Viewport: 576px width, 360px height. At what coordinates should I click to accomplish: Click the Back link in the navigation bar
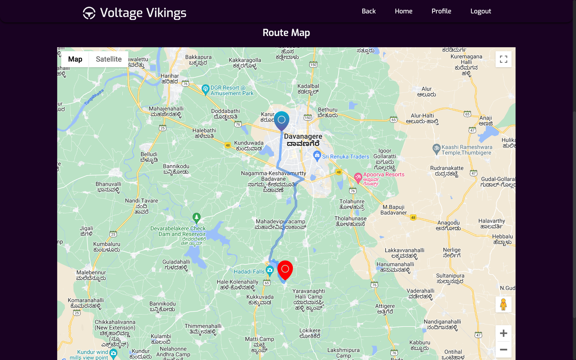pos(368,11)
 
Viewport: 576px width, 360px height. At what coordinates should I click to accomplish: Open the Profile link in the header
pos(441,11)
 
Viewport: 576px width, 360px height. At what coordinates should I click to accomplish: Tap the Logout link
pos(481,11)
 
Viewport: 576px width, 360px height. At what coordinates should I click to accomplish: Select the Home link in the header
pos(403,11)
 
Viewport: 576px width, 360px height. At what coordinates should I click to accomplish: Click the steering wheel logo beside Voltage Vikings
pos(89,13)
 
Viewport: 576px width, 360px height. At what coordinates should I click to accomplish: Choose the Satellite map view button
pos(109,59)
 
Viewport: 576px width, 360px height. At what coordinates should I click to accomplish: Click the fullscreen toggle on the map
pos(503,59)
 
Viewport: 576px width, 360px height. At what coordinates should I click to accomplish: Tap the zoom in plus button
pos(503,333)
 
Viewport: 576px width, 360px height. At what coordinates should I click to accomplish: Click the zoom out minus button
pos(503,350)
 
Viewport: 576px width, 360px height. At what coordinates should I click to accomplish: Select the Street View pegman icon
pos(503,304)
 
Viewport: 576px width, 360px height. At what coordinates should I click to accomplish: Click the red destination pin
pos(285,269)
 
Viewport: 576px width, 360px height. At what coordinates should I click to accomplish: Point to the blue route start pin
pos(282,120)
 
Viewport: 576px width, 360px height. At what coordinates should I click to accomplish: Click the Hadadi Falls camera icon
pos(270,270)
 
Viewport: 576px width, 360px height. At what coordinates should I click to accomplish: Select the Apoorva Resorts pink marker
pos(358,177)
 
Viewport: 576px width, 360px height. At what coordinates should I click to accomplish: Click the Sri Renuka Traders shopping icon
pos(317,155)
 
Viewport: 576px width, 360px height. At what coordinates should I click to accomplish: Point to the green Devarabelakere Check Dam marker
pos(197,217)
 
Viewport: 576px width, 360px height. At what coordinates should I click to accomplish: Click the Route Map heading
pos(286,33)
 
